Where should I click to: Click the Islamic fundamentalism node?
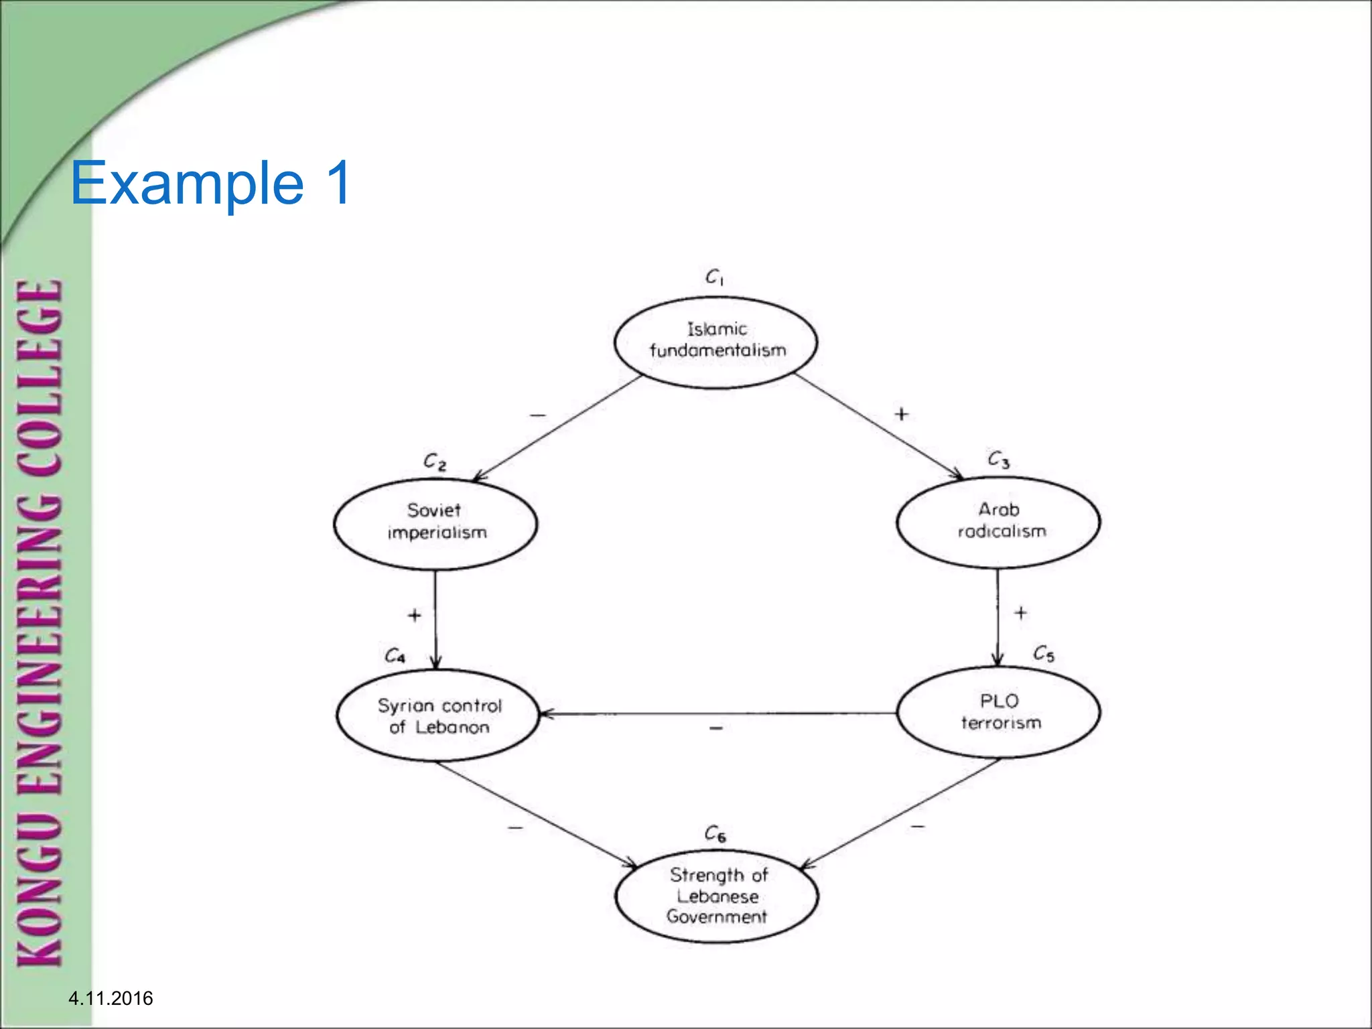tap(715, 342)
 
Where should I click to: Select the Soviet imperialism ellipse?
tap(435, 523)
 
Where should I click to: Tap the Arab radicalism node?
tap(998, 522)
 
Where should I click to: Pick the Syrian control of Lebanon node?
tap(438, 715)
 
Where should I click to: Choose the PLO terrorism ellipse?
tap(998, 712)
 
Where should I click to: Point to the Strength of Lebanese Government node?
tap(716, 896)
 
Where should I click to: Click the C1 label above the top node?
tap(714, 277)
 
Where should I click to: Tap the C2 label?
tap(435, 462)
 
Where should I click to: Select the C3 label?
tap(998, 460)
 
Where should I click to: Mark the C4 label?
tap(395, 655)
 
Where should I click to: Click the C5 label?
tap(1044, 653)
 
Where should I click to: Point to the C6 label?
tap(715, 834)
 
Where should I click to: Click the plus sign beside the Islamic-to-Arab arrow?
tap(902, 414)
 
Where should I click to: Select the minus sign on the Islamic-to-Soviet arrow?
tap(537, 415)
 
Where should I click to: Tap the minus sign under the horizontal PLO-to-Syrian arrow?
tap(716, 728)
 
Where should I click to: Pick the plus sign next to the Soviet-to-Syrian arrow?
tap(415, 614)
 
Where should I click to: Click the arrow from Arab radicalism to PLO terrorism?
tap(998, 616)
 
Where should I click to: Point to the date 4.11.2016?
tap(111, 998)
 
